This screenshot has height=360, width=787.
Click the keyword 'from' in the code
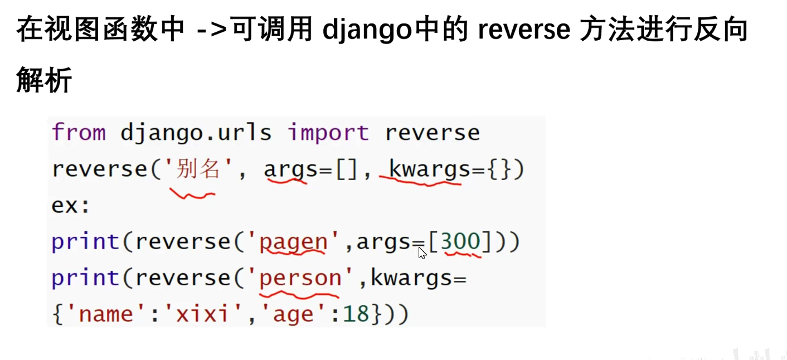click(79, 133)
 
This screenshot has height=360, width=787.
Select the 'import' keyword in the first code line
click(328, 133)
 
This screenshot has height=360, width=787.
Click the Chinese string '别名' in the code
click(198, 169)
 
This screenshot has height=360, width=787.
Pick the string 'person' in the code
click(300, 278)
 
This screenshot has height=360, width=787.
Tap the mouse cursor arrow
click(422, 252)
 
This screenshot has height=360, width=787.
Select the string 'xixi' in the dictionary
click(202, 314)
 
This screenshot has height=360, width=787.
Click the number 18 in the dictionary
click(357, 314)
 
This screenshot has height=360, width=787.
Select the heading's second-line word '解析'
click(44, 80)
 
